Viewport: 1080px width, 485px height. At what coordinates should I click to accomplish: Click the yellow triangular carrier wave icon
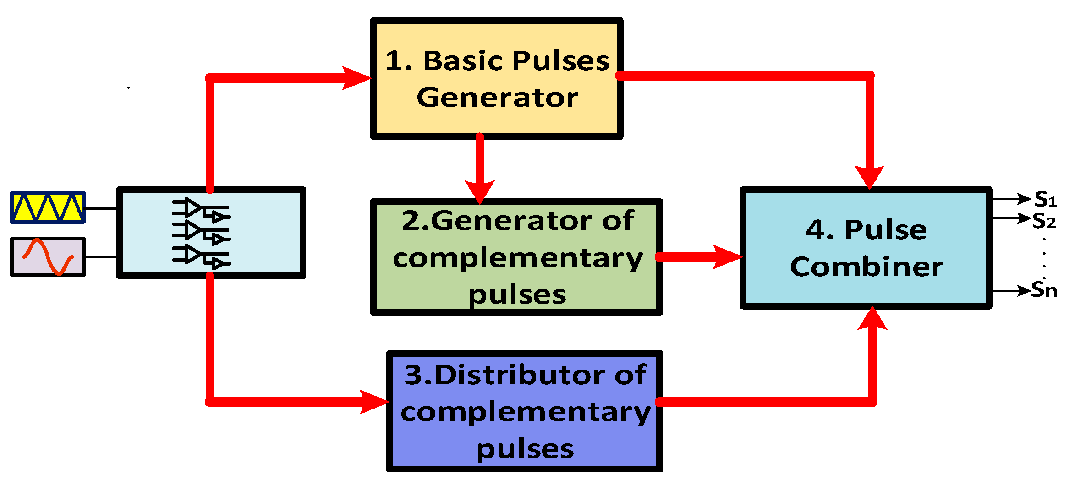pyautogui.click(x=48, y=207)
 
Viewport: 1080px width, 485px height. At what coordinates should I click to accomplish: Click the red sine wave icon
pyautogui.click(x=48, y=257)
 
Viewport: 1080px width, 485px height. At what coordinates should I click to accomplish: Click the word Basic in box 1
pyautogui.click(x=463, y=61)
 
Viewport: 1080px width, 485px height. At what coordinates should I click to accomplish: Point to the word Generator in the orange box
pyautogui.click(x=497, y=98)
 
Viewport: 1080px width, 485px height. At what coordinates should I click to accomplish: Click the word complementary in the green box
pyautogui.click(x=518, y=259)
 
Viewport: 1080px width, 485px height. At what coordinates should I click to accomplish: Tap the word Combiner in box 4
pyautogui.click(x=866, y=267)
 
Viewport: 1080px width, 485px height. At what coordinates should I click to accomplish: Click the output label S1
pyautogui.click(x=1045, y=200)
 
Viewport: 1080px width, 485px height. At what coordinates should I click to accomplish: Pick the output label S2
pyautogui.click(x=1044, y=221)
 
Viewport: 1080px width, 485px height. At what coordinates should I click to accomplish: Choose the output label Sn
pyautogui.click(x=1044, y=290)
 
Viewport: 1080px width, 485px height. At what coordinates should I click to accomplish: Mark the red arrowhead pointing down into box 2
pyautogui.click(x=480, y=191)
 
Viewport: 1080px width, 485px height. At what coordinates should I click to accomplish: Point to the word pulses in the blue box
pyautogui.click(x=525, y=450)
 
